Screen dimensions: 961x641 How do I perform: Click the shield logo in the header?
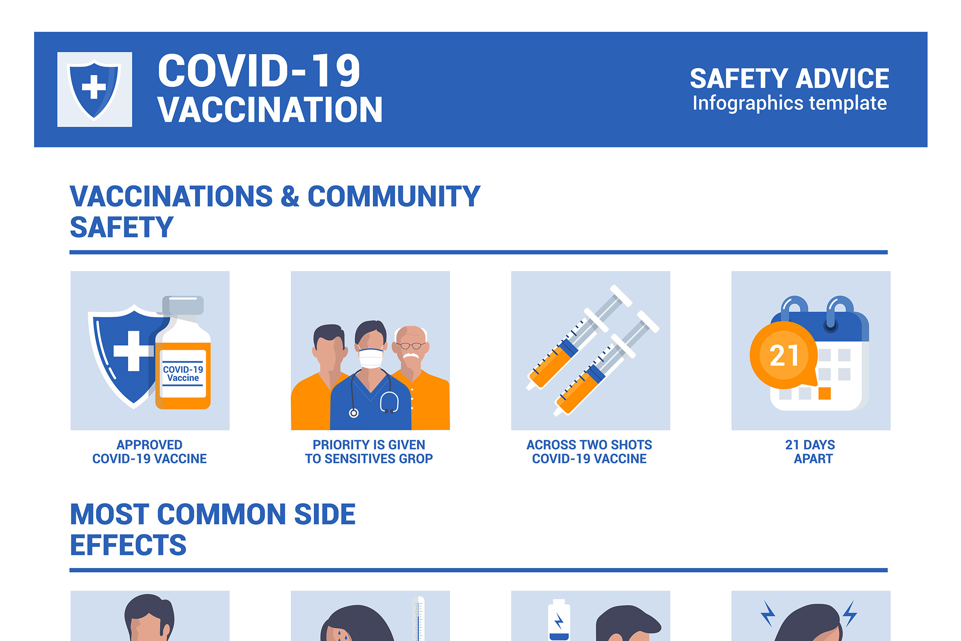tap(94, 89)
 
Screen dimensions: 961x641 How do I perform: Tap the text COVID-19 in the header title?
tap(259, 71)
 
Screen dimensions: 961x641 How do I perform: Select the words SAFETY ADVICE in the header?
tap(789, 79)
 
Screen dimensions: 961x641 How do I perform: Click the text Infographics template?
tap(789, 103)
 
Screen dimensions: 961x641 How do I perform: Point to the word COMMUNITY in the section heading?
tap(394, 196)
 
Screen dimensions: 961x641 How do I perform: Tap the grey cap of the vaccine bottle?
tap(183, 305)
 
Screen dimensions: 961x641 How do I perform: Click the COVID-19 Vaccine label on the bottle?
tap(183, 374)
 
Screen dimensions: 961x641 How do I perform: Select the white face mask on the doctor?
tap(371, 358)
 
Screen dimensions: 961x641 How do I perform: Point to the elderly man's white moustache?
tap(411, 356)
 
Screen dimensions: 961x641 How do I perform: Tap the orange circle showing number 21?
tap(784, 355)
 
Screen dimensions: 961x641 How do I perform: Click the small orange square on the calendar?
tap(824, 393)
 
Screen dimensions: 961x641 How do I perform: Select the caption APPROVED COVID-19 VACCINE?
tap(149, 452)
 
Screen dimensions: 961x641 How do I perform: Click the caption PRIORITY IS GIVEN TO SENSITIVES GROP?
tap(369, 452)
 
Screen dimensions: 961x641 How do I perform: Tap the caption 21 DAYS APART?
tap(810, 452)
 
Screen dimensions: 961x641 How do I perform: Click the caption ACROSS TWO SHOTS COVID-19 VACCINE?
tap(589, 452)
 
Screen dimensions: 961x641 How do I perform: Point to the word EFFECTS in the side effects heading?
tap(128, 545)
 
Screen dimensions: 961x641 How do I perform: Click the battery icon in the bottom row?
tap(559, 621)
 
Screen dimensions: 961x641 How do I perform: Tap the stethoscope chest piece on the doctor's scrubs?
tap(354, 413)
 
